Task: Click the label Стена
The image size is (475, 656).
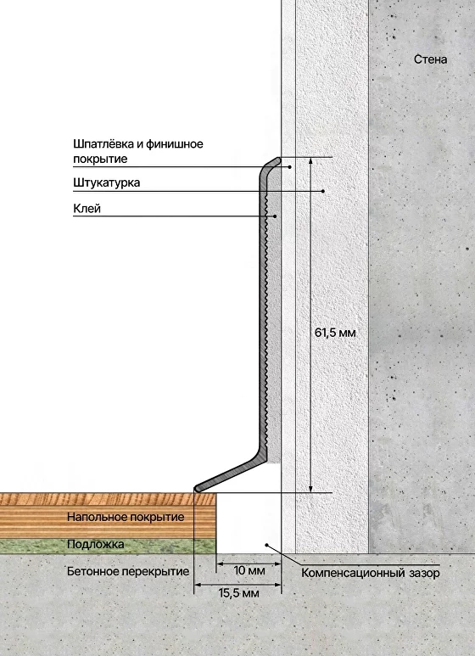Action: click(430, 59)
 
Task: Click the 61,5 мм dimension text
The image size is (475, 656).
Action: click(335, 333)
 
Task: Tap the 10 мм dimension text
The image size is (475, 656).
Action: click(249, 570)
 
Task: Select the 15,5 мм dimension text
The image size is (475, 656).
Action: click(238, 593)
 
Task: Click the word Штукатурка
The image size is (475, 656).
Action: click(107, 182)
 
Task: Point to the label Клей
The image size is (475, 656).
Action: click(87, 209)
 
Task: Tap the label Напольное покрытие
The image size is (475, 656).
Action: click(126, 517)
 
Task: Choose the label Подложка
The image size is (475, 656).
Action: click(96, 544)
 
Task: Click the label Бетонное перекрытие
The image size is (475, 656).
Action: click(128, 571)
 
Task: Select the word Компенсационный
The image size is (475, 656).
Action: click(354, 573)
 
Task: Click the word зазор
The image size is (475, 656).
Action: click(424, 573)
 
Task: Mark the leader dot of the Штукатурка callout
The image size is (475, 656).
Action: click(323, 191)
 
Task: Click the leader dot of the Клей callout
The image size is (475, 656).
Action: click(275, 216)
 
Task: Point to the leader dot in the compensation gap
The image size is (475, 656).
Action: click(267, 544)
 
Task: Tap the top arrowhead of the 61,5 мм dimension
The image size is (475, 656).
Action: click(310, 160)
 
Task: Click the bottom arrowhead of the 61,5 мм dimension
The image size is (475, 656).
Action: click(310, 490)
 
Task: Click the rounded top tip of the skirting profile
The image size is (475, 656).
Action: click(277, 160)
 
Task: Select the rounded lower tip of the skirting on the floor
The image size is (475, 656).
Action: click(197, 489)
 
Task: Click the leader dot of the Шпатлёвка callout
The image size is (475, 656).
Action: click(290, 167)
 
